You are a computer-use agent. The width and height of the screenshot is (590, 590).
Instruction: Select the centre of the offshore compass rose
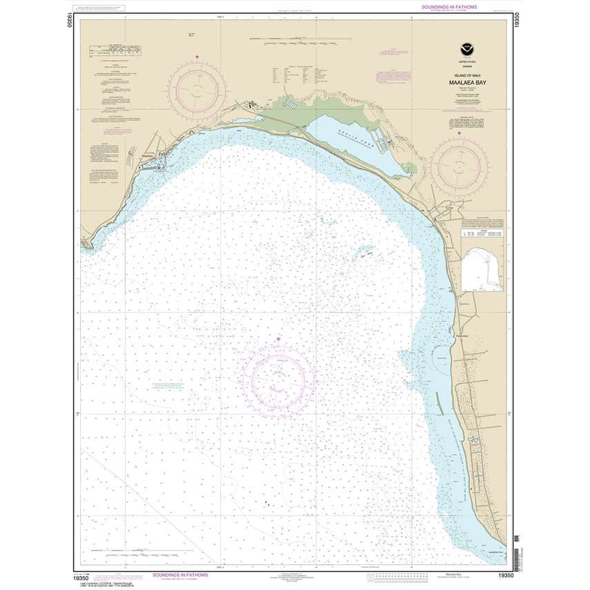[278, 379]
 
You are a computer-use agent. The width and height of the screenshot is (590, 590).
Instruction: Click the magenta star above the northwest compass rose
[198, 57]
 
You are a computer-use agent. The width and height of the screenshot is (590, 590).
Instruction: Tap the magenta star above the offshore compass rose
[278, 339]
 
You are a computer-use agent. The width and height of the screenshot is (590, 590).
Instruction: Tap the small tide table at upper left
[115, 50]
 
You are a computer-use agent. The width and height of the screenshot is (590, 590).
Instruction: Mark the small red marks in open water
[265, 503]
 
